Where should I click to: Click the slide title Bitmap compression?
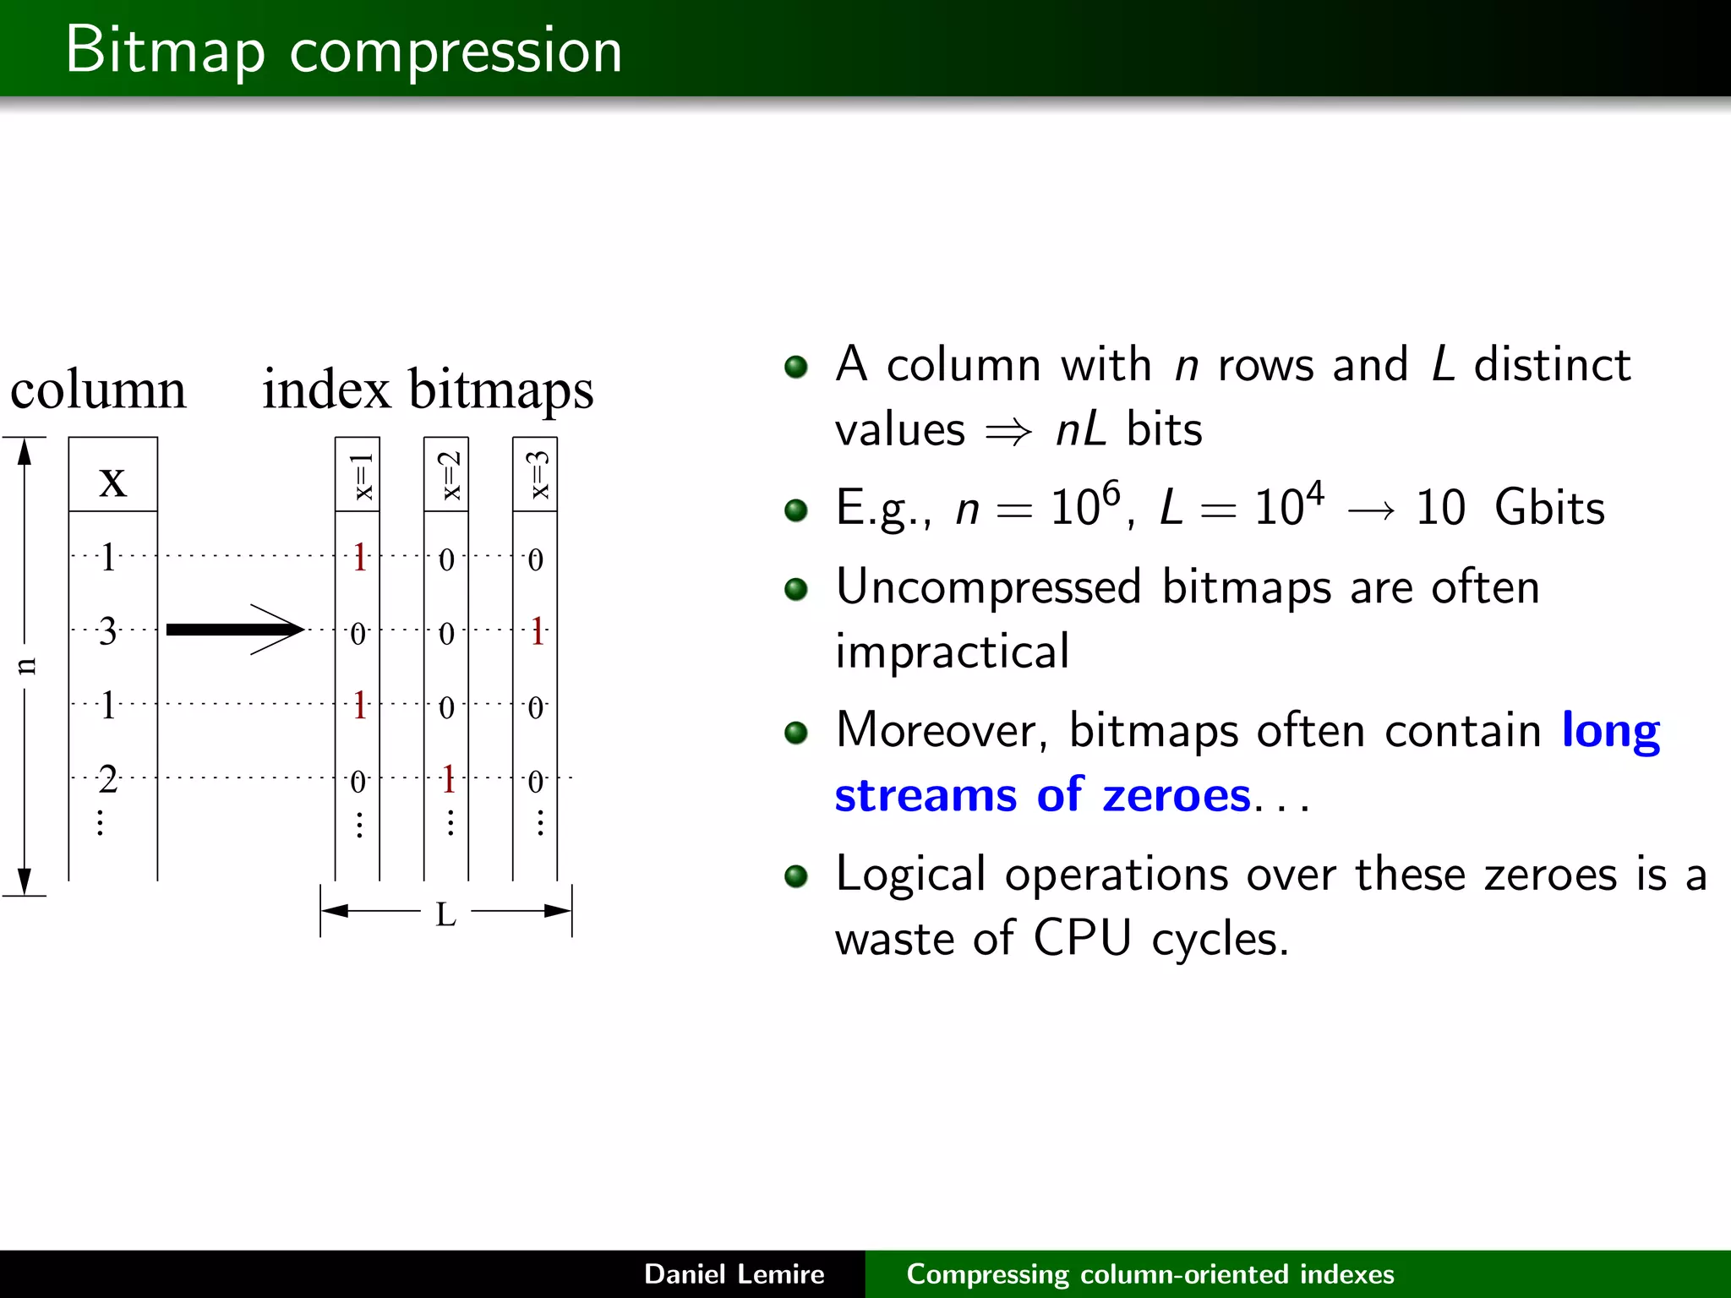pos(343,51)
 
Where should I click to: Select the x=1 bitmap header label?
pos(361,477)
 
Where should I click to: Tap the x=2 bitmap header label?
pos(450,475)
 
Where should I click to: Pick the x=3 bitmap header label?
pos(538,475)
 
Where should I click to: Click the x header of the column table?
pos(112,482)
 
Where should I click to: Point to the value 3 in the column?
pos(107,631)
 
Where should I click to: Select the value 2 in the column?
pos(107,779)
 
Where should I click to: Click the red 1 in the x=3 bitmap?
pos(537,631)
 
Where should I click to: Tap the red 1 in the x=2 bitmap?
pos(449,779)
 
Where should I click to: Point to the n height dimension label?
pos(26,666)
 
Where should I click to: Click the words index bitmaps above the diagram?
pos(428,390)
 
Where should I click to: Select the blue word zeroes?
pos(1176,796)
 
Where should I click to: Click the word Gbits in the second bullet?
pos(1548,508)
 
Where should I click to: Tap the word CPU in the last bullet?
pos(1082,938)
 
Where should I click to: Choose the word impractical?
pos(953,652)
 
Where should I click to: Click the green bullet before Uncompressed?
pos(795,589)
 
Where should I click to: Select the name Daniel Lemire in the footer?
pos(734,1273)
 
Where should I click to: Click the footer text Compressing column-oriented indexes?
pos(1149,1273)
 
